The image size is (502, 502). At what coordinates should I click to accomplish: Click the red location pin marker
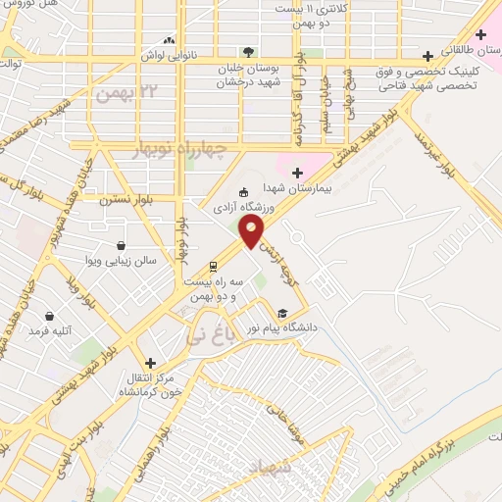click(x=252, y=232)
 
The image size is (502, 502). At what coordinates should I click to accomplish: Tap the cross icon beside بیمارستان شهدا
click(x=297, y=173)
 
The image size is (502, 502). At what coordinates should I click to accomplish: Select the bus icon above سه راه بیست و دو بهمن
click(x=213, y=267)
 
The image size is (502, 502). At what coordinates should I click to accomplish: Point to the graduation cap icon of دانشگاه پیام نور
click(x=283, y=313)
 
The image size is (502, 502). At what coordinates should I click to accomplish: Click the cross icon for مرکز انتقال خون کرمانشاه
click(x=150, y=362)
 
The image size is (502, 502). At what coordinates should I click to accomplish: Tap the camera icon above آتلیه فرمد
click(x=52, y=317)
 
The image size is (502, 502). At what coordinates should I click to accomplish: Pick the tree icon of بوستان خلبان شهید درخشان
click(x=249, y=52)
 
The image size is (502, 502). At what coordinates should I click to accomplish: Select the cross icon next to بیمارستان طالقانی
click(x=480, y=35)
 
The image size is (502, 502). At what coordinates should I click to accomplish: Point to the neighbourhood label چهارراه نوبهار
click(x=178, y=148)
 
